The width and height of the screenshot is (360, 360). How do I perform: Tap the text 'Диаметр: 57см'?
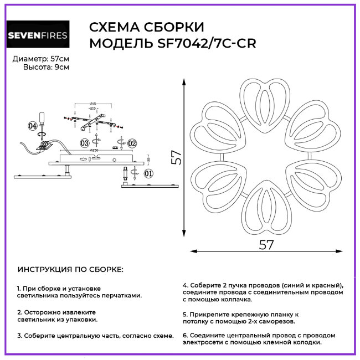(41, 58)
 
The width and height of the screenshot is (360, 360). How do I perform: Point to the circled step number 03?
(84, 143)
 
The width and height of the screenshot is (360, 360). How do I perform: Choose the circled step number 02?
(132, 143)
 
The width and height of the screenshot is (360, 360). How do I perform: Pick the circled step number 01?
(148, 173)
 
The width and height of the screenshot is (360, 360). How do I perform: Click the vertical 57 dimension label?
(176, 157)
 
